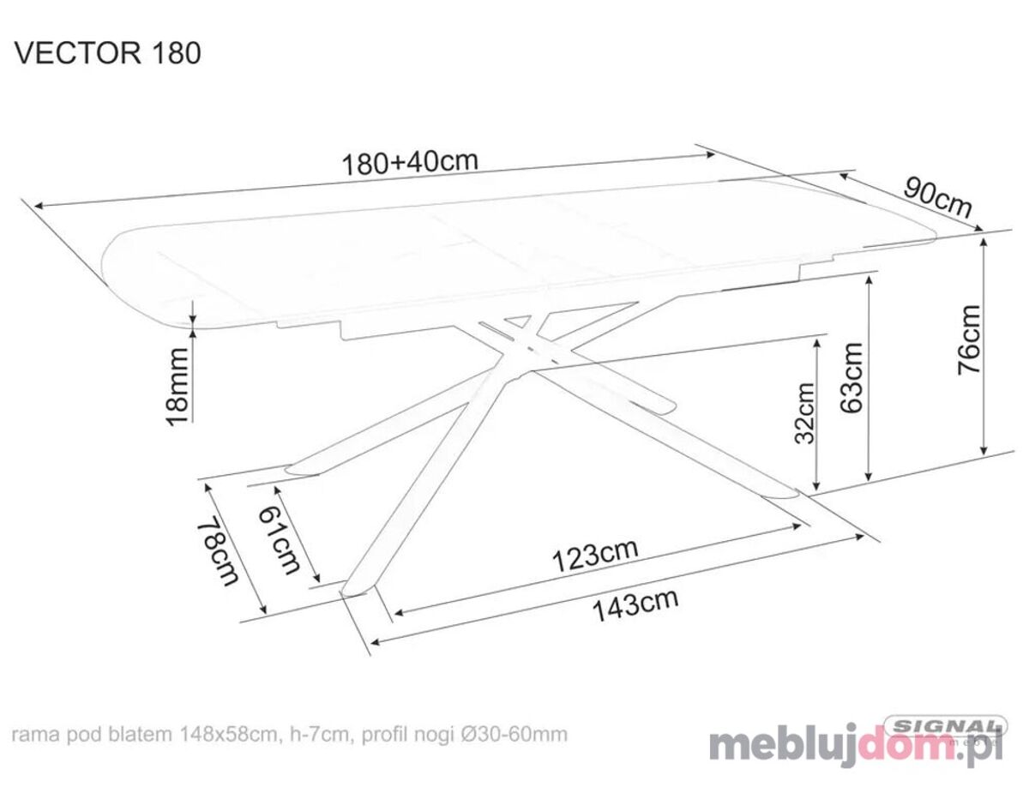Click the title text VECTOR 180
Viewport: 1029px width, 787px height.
(x=108, y=52)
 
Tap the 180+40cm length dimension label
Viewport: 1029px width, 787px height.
(x=410, y=163)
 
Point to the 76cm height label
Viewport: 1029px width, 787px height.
(x=969, y=339)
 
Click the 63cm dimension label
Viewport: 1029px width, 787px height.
(x=851, y=377)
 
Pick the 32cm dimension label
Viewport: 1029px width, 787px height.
(x=804, y=413)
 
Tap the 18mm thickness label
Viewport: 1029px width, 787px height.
(x=178, y=386)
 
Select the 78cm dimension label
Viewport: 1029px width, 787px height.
(x=218, y=550)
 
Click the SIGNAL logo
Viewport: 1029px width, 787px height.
(x=944, y=726)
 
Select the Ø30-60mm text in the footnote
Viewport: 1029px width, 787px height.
(x=514, y=735)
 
